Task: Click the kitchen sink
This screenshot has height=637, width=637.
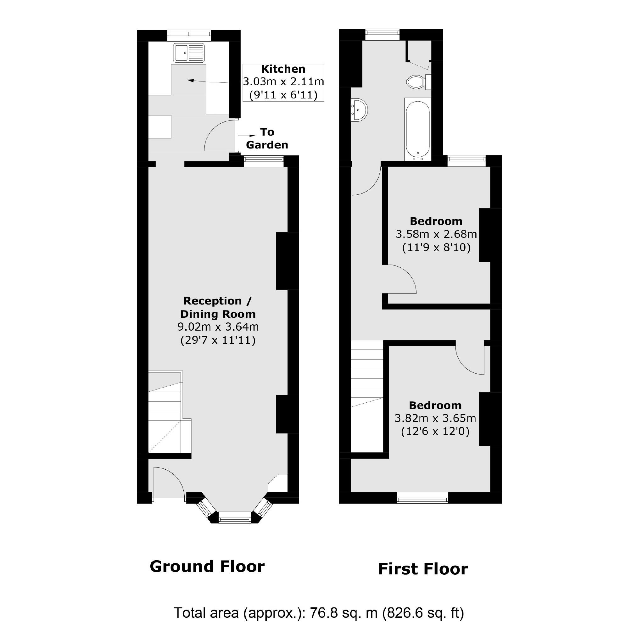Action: [189, 53]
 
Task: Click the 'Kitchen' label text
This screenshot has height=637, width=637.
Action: [283, 69]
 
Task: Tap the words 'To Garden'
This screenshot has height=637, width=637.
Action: [267, 138]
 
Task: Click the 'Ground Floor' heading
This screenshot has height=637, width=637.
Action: [207, 567]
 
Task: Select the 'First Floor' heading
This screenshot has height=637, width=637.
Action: [423, 569]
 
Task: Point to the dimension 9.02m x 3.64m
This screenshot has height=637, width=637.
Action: [218, 327]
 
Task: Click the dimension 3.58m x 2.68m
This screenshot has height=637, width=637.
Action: [436, 234]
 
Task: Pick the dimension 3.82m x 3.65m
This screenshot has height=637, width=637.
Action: [435, 418]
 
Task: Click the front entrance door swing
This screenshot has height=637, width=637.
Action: [168, 482]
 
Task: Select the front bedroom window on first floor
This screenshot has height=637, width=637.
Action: [422, 498]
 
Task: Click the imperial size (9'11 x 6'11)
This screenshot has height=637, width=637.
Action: [283, 95]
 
